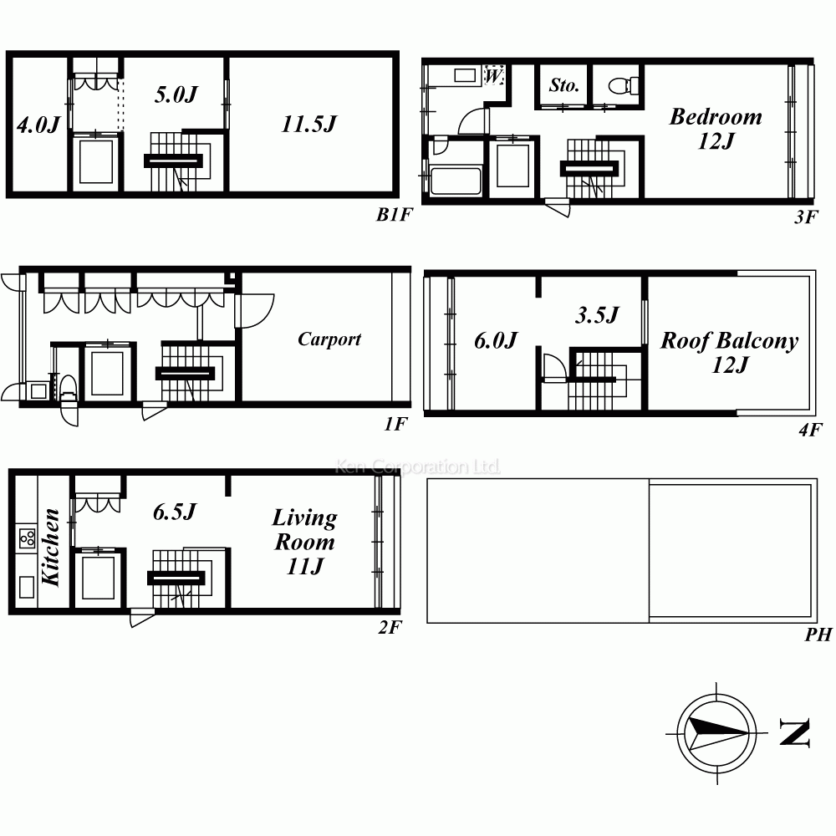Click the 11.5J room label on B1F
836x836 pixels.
tap(308, 124)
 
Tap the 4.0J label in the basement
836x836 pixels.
tap(38, 125)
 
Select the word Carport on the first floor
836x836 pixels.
tap(329, 339)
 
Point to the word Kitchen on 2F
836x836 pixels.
tap(51, 547)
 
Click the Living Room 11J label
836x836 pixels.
tap(304, 542)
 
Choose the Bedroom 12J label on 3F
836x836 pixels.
tap(716, 129)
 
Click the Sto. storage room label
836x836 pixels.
tap(564, 84)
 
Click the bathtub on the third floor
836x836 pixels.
tap(456, 181)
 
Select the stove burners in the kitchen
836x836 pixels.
tap(27, 537)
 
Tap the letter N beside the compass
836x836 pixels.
tap(794, 732)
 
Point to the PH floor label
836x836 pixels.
tap(818, 635)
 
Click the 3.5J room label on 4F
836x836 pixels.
tap(597, 315)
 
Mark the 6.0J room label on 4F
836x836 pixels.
tap(496, 340)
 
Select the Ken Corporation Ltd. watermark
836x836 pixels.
tap(418, 467)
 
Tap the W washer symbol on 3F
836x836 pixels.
tap(494, 75)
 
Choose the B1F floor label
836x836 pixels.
tap(395, 214)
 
